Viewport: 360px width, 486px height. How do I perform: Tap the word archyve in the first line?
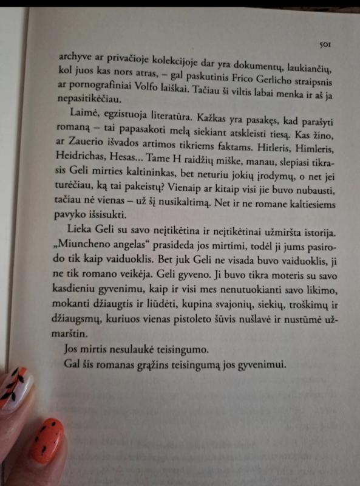click(x=75, y=58)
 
